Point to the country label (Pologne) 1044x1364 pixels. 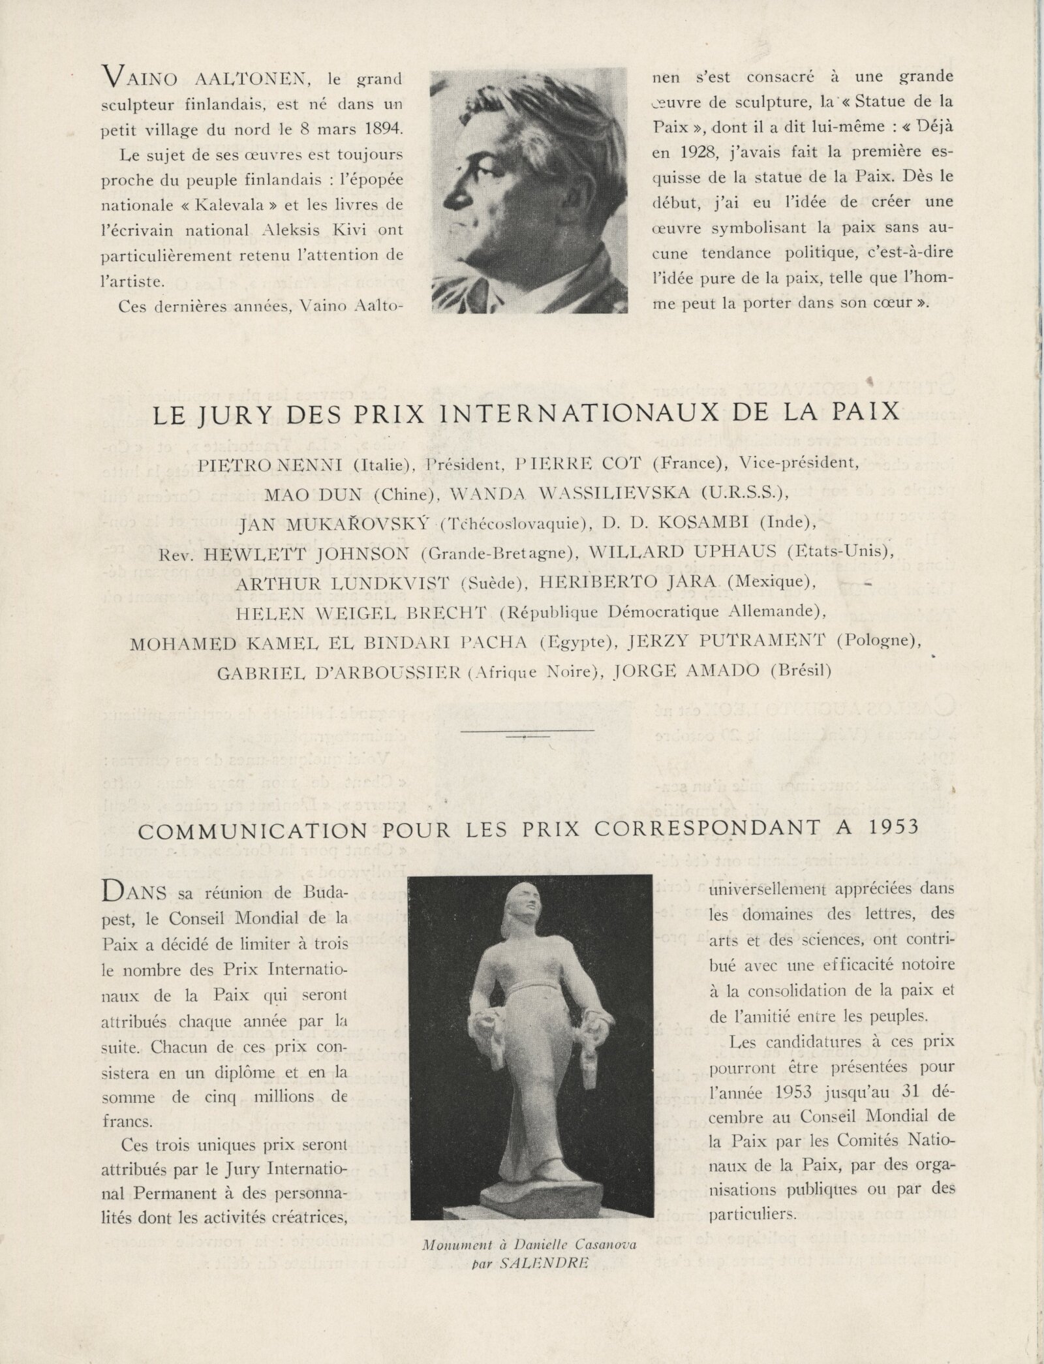tap(878, 642)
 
